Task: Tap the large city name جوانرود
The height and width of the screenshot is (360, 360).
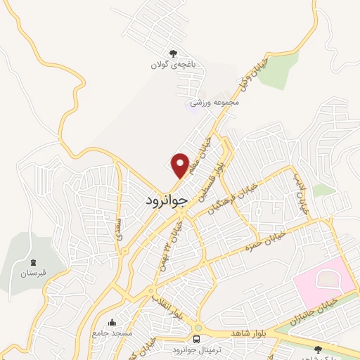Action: [166, 199]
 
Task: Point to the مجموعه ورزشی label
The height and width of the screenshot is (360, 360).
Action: [219, 103]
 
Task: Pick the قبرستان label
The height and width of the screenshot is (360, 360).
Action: [34, 272]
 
